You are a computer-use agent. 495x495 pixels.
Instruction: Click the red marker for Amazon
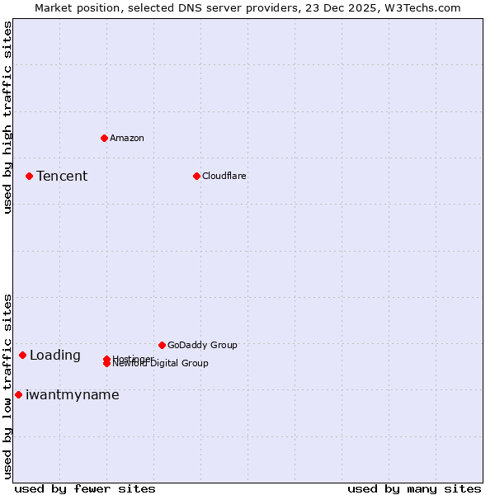point(104,138)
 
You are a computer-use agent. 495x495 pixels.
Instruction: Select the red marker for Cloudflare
point(196,176)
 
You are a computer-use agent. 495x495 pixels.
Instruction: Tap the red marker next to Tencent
point(29,176)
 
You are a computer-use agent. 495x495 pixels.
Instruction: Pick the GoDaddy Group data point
point(162,345)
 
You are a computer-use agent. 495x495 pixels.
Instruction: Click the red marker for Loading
point(22,355)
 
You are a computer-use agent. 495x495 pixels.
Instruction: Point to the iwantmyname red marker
point(18,394)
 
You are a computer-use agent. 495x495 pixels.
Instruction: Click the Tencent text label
point(62,176)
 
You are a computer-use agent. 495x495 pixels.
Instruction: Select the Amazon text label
point(126,138)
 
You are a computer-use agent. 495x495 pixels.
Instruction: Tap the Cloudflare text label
point(224,176)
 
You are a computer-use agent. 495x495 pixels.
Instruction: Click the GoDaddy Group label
point(201,345)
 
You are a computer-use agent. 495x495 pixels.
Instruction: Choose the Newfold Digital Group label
point(160,364)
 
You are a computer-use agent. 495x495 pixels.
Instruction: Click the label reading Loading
point(55,356)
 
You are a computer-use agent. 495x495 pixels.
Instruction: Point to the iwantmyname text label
point(73,395)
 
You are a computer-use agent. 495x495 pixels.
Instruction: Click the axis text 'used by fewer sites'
point(85,488)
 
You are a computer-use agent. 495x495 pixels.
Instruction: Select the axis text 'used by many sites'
point(414,488)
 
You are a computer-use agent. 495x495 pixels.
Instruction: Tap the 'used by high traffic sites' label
point(7,117)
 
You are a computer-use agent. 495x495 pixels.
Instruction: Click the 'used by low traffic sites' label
point(7,385)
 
